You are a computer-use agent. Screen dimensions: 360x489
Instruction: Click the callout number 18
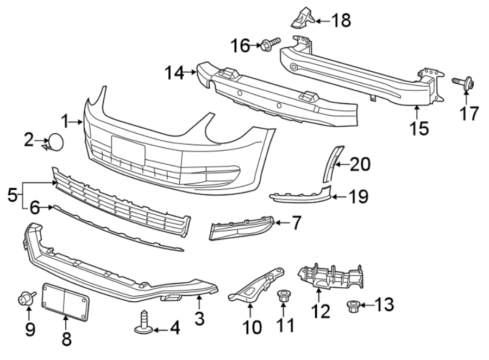pyautogui.click(x=341, y=21)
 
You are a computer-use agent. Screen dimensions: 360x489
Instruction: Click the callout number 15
pyautogui.click(x=419, y=128)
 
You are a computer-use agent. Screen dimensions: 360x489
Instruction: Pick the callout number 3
pyautogui.click(x=199, y=319)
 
